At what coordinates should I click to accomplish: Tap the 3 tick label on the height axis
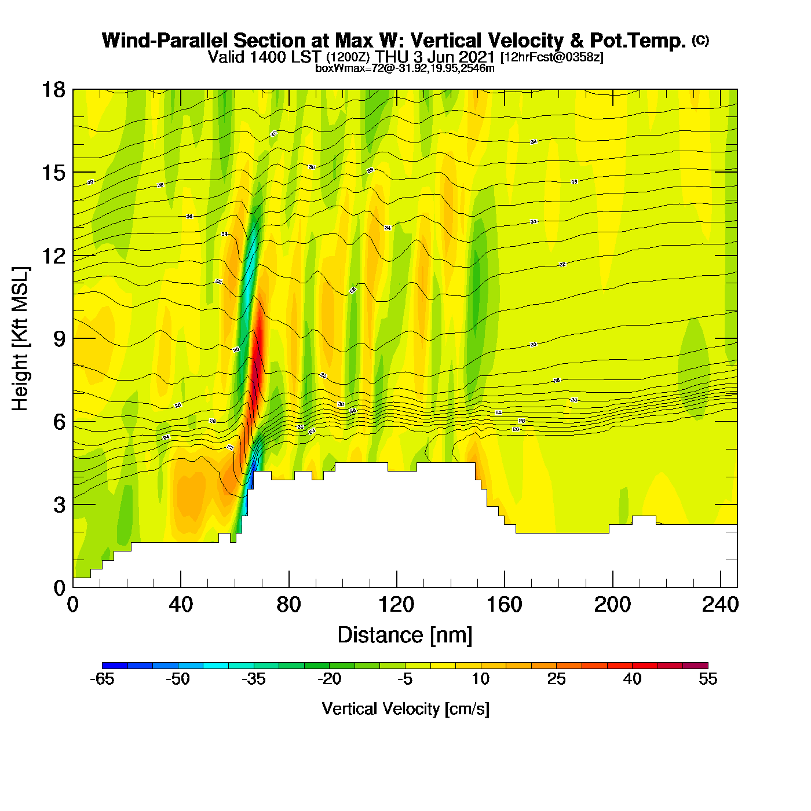pos(59,505)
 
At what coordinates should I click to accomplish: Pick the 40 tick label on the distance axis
pos(181,605)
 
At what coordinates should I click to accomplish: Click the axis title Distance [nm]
pos(405,635)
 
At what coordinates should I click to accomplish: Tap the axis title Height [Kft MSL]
pos(21,339)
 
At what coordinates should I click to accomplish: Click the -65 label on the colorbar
pos(102,680)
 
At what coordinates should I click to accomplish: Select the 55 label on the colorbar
pos(708,680)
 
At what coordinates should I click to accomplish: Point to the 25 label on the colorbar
pos(556,680)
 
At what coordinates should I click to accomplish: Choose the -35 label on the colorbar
pos(253,680)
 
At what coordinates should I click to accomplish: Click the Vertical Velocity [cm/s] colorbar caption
pos(405,709)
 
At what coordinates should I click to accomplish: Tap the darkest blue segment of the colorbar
pos(115,666)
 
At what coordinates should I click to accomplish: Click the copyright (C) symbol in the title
pos(700,40)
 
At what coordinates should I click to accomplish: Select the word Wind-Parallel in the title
pos(166,41)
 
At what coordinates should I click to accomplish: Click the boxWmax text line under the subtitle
pos(405,68)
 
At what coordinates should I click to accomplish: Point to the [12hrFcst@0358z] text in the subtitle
pos(551,57)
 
